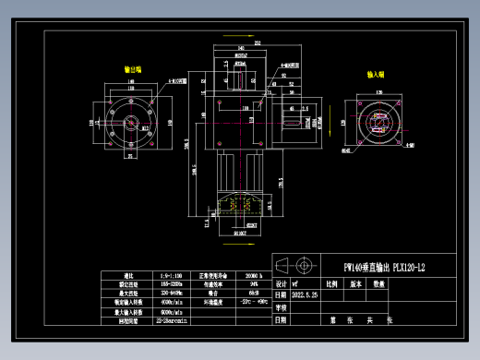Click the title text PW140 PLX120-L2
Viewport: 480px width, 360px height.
[384, 268]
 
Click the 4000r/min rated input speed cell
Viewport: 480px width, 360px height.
[173, 301]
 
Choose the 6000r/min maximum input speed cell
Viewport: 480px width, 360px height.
[173, 310]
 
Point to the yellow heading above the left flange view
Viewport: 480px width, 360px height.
[132, 69]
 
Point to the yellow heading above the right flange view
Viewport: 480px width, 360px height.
[376, 73]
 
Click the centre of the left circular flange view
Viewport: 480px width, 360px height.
[132, 119]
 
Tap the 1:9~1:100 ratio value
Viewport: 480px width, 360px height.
[173, 276]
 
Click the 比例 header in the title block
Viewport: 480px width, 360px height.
[331, 285]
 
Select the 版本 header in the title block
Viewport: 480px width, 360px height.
[355, 285]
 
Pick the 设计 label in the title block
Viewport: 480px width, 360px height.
[281, 285]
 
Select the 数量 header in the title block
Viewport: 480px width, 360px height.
[378, 285]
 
